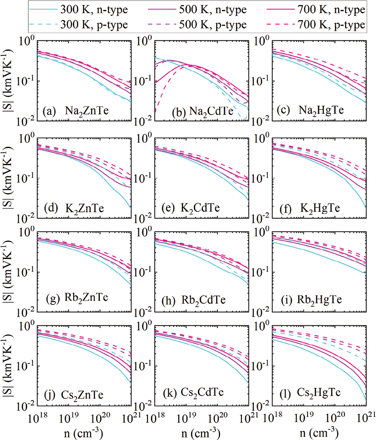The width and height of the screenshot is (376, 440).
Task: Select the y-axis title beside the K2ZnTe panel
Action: (8, 177)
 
